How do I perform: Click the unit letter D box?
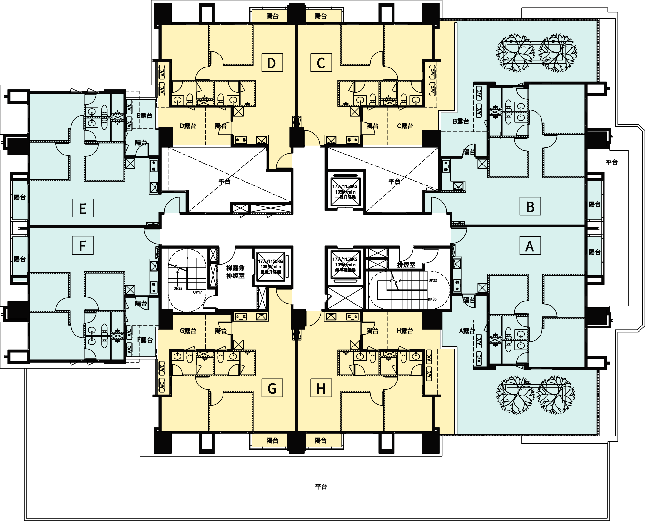tap(272, 63)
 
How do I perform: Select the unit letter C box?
tap(321, 63)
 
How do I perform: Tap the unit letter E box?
tap(83, 208)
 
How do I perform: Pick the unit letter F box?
tap(83, 245)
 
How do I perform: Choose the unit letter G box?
tap(272, 388)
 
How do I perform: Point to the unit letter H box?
tap(321, 388)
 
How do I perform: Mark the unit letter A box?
tap(530, 245)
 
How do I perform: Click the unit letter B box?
tap(530, 206)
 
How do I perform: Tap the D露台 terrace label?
tap(188, 126)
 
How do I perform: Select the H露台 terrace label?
tap(405, 331)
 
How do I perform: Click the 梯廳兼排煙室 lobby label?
tap(235, 272)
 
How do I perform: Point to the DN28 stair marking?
tap(178, 288)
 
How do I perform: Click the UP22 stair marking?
tap(432, 280)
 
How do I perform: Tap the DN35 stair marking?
tap(432, 299)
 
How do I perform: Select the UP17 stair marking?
tap(197, 292)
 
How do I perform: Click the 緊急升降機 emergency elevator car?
tap(270, 266)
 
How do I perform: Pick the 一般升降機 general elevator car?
tap(345, 192)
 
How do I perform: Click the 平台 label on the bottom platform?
tap(321, 486)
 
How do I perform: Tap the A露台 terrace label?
tap(467, 331)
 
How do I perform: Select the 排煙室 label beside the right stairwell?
tap(406, 265)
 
